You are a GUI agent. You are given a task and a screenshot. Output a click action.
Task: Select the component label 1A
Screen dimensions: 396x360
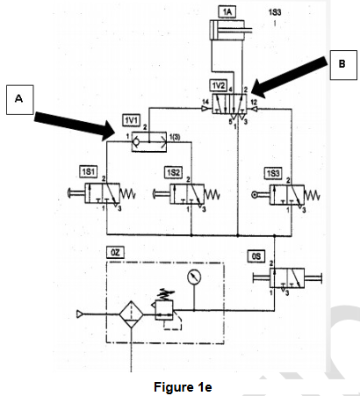click(x=228, y=11)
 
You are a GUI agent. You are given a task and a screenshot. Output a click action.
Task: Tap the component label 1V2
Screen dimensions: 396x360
click(x=218, y=84)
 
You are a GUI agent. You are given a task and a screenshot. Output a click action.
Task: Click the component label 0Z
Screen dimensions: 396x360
click(x=116, y=251)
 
